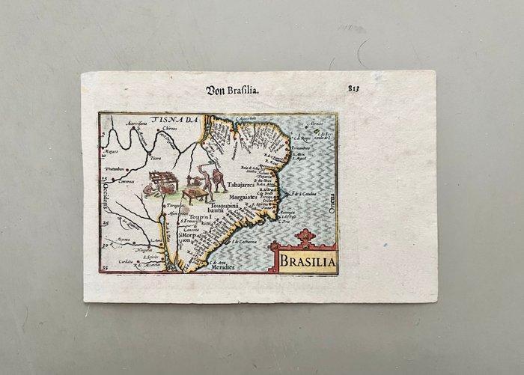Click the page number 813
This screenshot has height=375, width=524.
pos(353,88)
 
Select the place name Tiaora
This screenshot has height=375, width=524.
pos(156,158)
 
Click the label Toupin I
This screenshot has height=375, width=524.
pos(198,216)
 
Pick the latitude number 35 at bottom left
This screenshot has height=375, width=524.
pos(105,266)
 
